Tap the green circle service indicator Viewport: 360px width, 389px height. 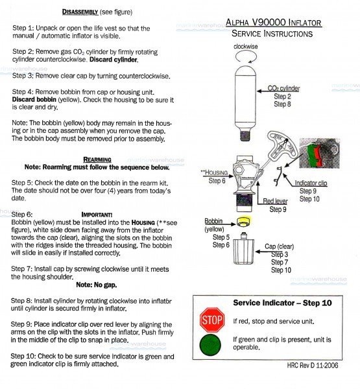(211, 344)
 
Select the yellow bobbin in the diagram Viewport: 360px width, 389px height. (245, 222)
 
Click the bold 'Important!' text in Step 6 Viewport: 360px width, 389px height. (97, 214)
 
